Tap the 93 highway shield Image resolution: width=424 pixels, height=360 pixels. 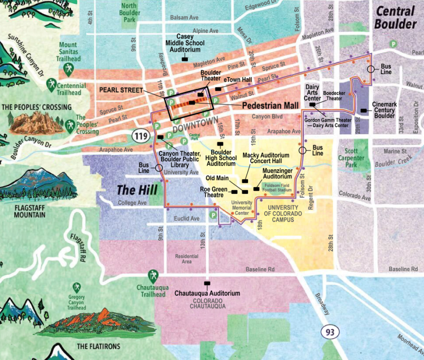(x=330, y=332)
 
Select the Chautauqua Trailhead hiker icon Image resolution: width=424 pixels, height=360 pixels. (x=153, y=275)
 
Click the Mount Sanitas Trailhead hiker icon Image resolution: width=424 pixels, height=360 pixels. (x=68, y=69)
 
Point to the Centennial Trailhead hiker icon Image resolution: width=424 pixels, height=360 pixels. (x=51, y=86)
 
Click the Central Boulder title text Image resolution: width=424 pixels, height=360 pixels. (x=396, y=17)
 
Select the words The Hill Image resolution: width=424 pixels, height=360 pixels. (x=132, y=190)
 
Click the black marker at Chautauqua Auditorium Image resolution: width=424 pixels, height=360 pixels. (x=207, y=283)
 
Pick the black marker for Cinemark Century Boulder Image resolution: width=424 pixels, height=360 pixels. (x=363, y=111)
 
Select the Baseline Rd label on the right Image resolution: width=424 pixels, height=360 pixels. (x=403, y=269)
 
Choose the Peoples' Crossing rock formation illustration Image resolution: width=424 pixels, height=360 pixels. (x=36, y=123)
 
